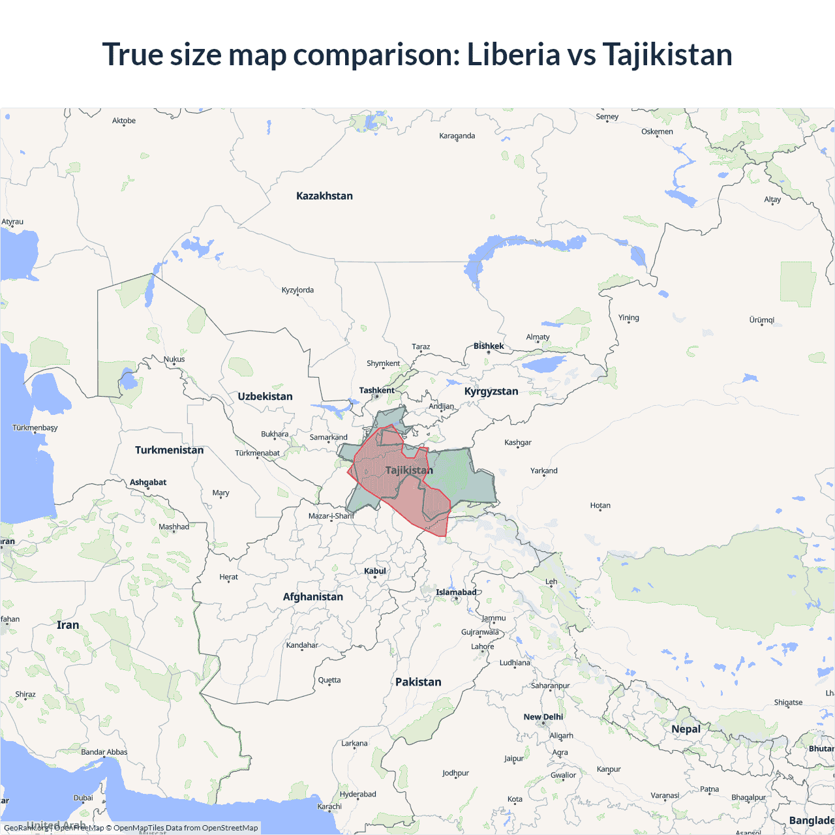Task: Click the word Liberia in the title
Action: point(513,54)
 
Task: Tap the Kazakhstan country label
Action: point(324,196)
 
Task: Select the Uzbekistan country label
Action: point(265,396)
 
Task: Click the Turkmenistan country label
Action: point(169,450)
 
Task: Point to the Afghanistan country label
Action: point(312,596)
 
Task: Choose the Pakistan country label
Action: point(418,682)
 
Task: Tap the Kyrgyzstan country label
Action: point(491,391)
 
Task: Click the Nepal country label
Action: point(686,729)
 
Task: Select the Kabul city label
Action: point(375,571)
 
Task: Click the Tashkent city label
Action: point(376,390)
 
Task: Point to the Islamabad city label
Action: point(456,592)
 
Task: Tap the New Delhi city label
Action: point(543,716)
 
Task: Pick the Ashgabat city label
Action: point(148,482)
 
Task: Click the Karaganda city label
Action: point(457,136)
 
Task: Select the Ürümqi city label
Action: point(761,320)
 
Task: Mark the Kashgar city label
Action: point(518,442)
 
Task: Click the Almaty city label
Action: point(538,337)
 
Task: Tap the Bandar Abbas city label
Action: point(104,751)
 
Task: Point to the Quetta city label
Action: point(329,680)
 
